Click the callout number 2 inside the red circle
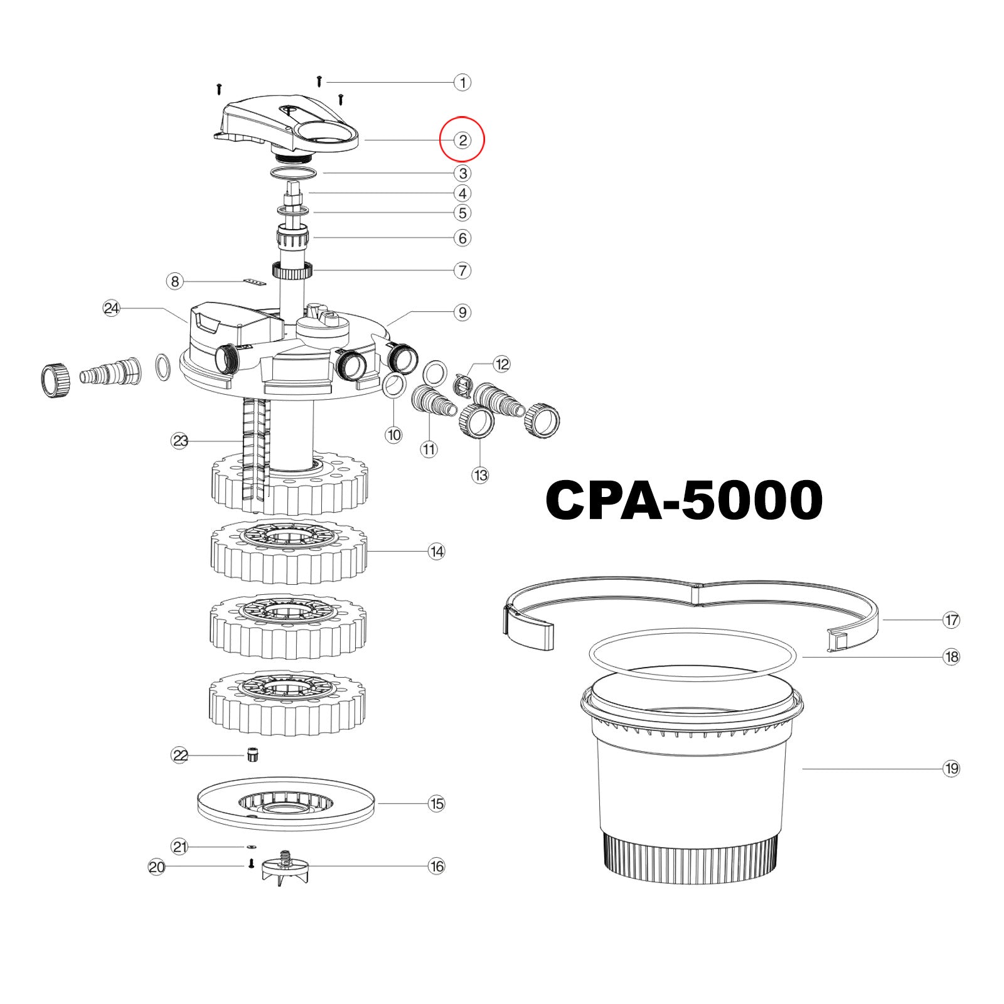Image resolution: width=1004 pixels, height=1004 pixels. click(462, 140)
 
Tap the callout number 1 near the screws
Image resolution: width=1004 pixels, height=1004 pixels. click(462, 82)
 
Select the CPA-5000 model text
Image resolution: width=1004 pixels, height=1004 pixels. click(684, 500)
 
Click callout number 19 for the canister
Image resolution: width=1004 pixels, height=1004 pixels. click(951, 768)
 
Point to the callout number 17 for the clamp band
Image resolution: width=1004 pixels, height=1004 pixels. click(951, 620)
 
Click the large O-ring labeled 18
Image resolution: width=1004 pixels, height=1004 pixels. click(692, 655)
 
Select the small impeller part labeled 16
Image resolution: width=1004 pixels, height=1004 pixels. click(286, 868)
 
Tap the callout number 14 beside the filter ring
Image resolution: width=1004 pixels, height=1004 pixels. click(436, 552)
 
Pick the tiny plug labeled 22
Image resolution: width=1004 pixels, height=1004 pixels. click(253, 754)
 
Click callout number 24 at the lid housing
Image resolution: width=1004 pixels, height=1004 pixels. click(112, 308)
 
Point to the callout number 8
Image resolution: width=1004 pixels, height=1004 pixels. click(175, 281)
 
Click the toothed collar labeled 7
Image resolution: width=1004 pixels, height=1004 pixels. click(292, 271)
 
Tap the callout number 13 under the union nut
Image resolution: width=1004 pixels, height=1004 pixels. click(480, 475)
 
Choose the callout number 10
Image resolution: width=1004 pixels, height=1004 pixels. click(393, 435)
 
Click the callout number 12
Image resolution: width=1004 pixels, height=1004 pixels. click(502, 364)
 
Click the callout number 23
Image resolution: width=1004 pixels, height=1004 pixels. click(180, 441)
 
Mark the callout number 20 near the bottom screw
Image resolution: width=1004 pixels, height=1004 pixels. click(156, 867)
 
